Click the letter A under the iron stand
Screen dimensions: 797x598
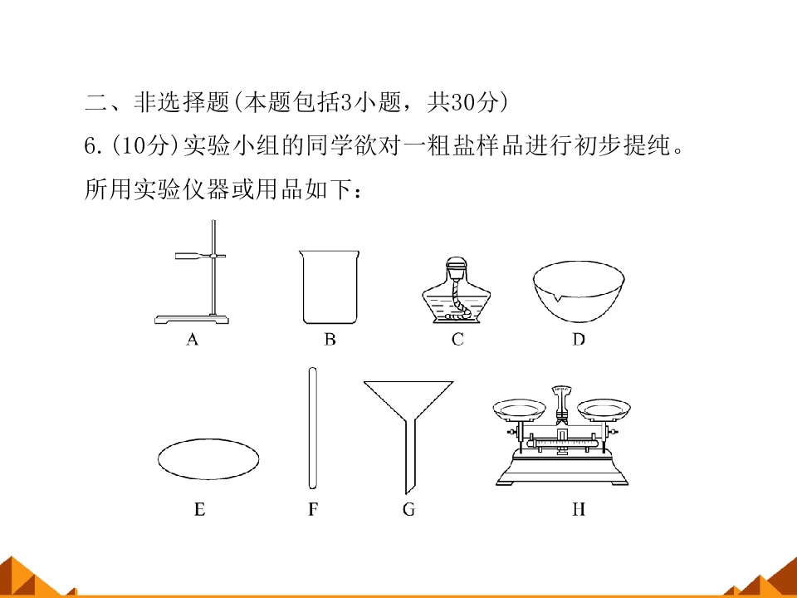(x=192, y=339)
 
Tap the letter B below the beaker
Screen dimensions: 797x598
(x=330, y=339)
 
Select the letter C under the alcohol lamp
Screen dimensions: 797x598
(x=457, y=339)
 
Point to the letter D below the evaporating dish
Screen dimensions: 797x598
(x=579, y=339)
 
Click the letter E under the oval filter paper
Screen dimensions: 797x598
(x=200, y=509)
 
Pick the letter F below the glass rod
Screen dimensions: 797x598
(x=313, y=509)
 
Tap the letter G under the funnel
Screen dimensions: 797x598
(x=408, y=509)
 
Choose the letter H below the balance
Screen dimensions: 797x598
(x=579, y=509)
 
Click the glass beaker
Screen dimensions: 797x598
(x=330, y=287)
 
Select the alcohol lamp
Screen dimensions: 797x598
(x=457, y=290)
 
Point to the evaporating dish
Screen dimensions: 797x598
(x=579, y=292)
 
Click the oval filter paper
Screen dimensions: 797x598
(x=208, y=459)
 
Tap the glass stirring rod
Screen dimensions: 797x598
(x=313, y=428)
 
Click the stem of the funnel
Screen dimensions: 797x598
(x=409, y=455)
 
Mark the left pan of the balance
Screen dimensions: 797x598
(x=519, y=409)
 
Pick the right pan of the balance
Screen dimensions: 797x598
(x=604, y=409)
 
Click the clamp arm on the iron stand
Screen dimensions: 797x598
(x=200, y=256)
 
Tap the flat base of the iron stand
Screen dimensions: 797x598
(x=192, y=319)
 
